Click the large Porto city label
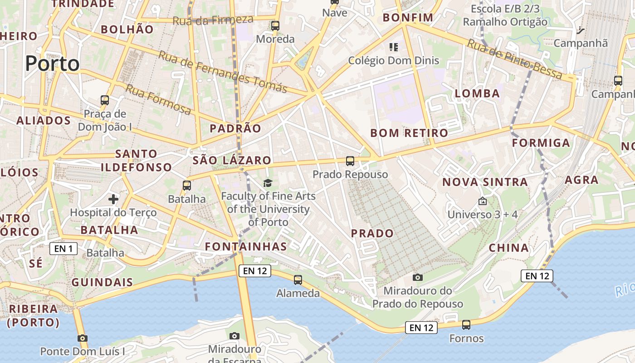click(52, 64)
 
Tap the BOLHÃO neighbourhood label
click(127, 29)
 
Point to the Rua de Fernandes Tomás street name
click(223, 71)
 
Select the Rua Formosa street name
click(158, 100)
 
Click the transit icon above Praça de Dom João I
click(105, 100)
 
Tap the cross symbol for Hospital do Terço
click(113, 199)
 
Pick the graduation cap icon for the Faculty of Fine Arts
click(268, 183)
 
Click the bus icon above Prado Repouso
click(350, 161)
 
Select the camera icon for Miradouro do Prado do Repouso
click(418, 277)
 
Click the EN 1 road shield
click(63, 248)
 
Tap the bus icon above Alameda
click(298, 280)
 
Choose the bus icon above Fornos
click(466, 325)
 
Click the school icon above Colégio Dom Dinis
click(393, 47)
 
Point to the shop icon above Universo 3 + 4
click(482, 201)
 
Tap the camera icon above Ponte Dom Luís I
click(82, 338)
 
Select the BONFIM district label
click(408, 18)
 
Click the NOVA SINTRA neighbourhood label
click(485, 182)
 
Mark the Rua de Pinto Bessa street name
click(515, 59)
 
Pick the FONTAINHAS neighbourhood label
click(246, 246)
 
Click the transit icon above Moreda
click(275, 26)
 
